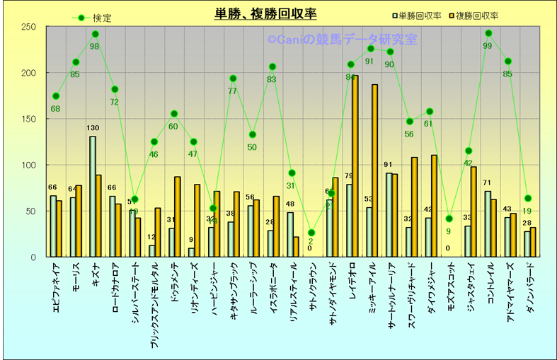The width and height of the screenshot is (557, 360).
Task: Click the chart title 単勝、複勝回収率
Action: tap(265, 13)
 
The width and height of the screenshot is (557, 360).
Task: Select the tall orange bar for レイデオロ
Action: tap(355, 166)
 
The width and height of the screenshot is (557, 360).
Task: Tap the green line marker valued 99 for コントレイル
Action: tap(488, 33)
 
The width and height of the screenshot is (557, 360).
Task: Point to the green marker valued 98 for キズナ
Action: tap(96, 34)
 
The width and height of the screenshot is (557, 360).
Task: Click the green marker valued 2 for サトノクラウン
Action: tap(311, 233)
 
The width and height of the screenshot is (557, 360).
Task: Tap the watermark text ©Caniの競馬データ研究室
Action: tap(342, 40)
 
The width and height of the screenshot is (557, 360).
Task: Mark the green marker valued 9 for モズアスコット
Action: tap(449, 219)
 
